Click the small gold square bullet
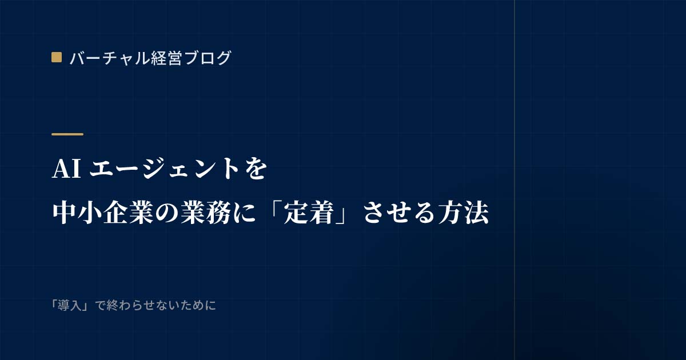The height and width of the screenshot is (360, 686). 57,58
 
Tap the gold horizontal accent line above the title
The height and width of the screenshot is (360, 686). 67,134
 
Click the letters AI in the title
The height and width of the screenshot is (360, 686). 67,169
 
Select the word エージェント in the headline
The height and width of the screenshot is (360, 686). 164,169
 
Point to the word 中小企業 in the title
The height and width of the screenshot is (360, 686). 102,213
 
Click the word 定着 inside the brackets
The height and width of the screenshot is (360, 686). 309,213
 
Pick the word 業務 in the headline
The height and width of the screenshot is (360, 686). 205,213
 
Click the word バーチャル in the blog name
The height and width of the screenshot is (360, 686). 110,58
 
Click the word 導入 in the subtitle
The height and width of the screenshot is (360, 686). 70,306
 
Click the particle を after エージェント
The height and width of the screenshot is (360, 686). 256,169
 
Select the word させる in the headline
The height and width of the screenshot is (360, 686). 400,213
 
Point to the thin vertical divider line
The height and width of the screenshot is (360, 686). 514,180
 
